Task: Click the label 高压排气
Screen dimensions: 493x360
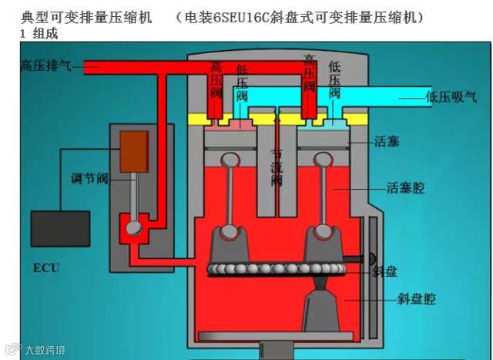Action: click(x=46, y=67)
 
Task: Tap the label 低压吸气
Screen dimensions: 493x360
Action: click(x=451, y=97)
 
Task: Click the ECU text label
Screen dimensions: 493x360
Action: click(x=45, y=268)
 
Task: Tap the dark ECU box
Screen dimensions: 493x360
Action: click(x=59, y=228)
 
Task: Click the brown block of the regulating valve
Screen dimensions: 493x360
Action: click(x=133, y=152)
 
